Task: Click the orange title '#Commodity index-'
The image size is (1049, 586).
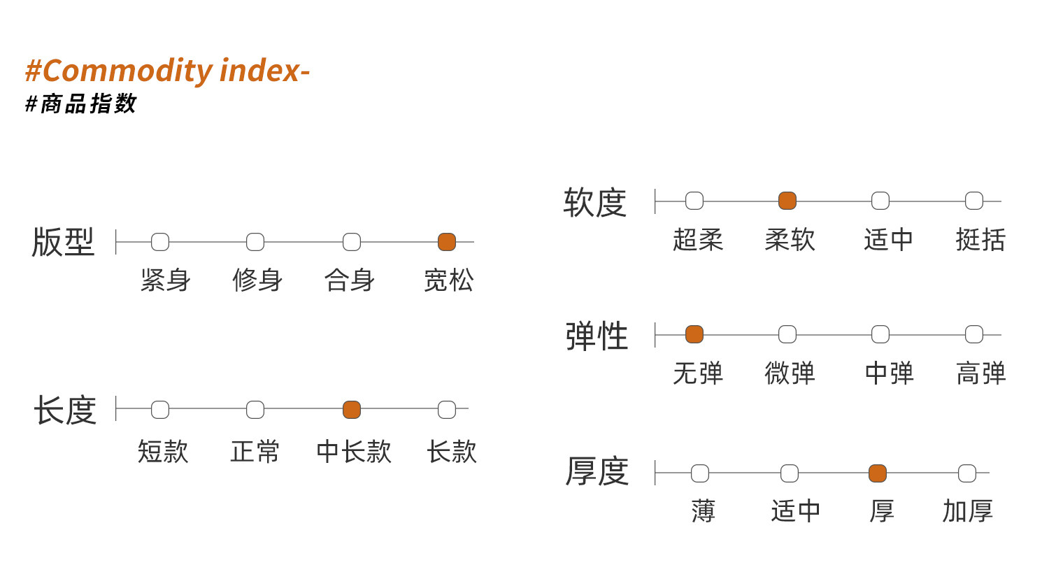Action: (167, 71)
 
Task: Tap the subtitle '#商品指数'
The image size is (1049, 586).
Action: (80, 103)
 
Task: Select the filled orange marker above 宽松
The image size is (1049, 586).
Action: (447, 242)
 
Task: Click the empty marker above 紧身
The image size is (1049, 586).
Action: (160, 242)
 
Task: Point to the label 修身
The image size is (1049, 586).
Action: (257, 280)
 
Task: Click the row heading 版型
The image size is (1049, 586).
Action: (63, 242)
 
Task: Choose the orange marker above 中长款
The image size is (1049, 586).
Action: (352, 409)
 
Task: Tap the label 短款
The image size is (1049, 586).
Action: (163, 452)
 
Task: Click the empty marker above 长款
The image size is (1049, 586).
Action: (447, 409)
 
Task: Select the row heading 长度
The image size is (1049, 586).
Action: (65, 410)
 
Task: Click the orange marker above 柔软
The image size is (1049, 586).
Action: (787, 201)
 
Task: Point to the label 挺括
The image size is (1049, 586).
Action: (980, 240)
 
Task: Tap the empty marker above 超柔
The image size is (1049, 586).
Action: (694, 201)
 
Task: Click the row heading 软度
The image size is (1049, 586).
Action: (594, 202)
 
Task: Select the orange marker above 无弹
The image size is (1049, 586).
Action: (694, 334)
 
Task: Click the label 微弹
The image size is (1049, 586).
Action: (790, 373)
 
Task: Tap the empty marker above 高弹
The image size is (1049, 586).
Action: (974, 334)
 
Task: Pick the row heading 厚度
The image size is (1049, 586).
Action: (597, 471)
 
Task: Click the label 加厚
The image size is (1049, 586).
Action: (967, 510)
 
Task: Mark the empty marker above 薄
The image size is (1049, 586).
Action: (699, 473)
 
